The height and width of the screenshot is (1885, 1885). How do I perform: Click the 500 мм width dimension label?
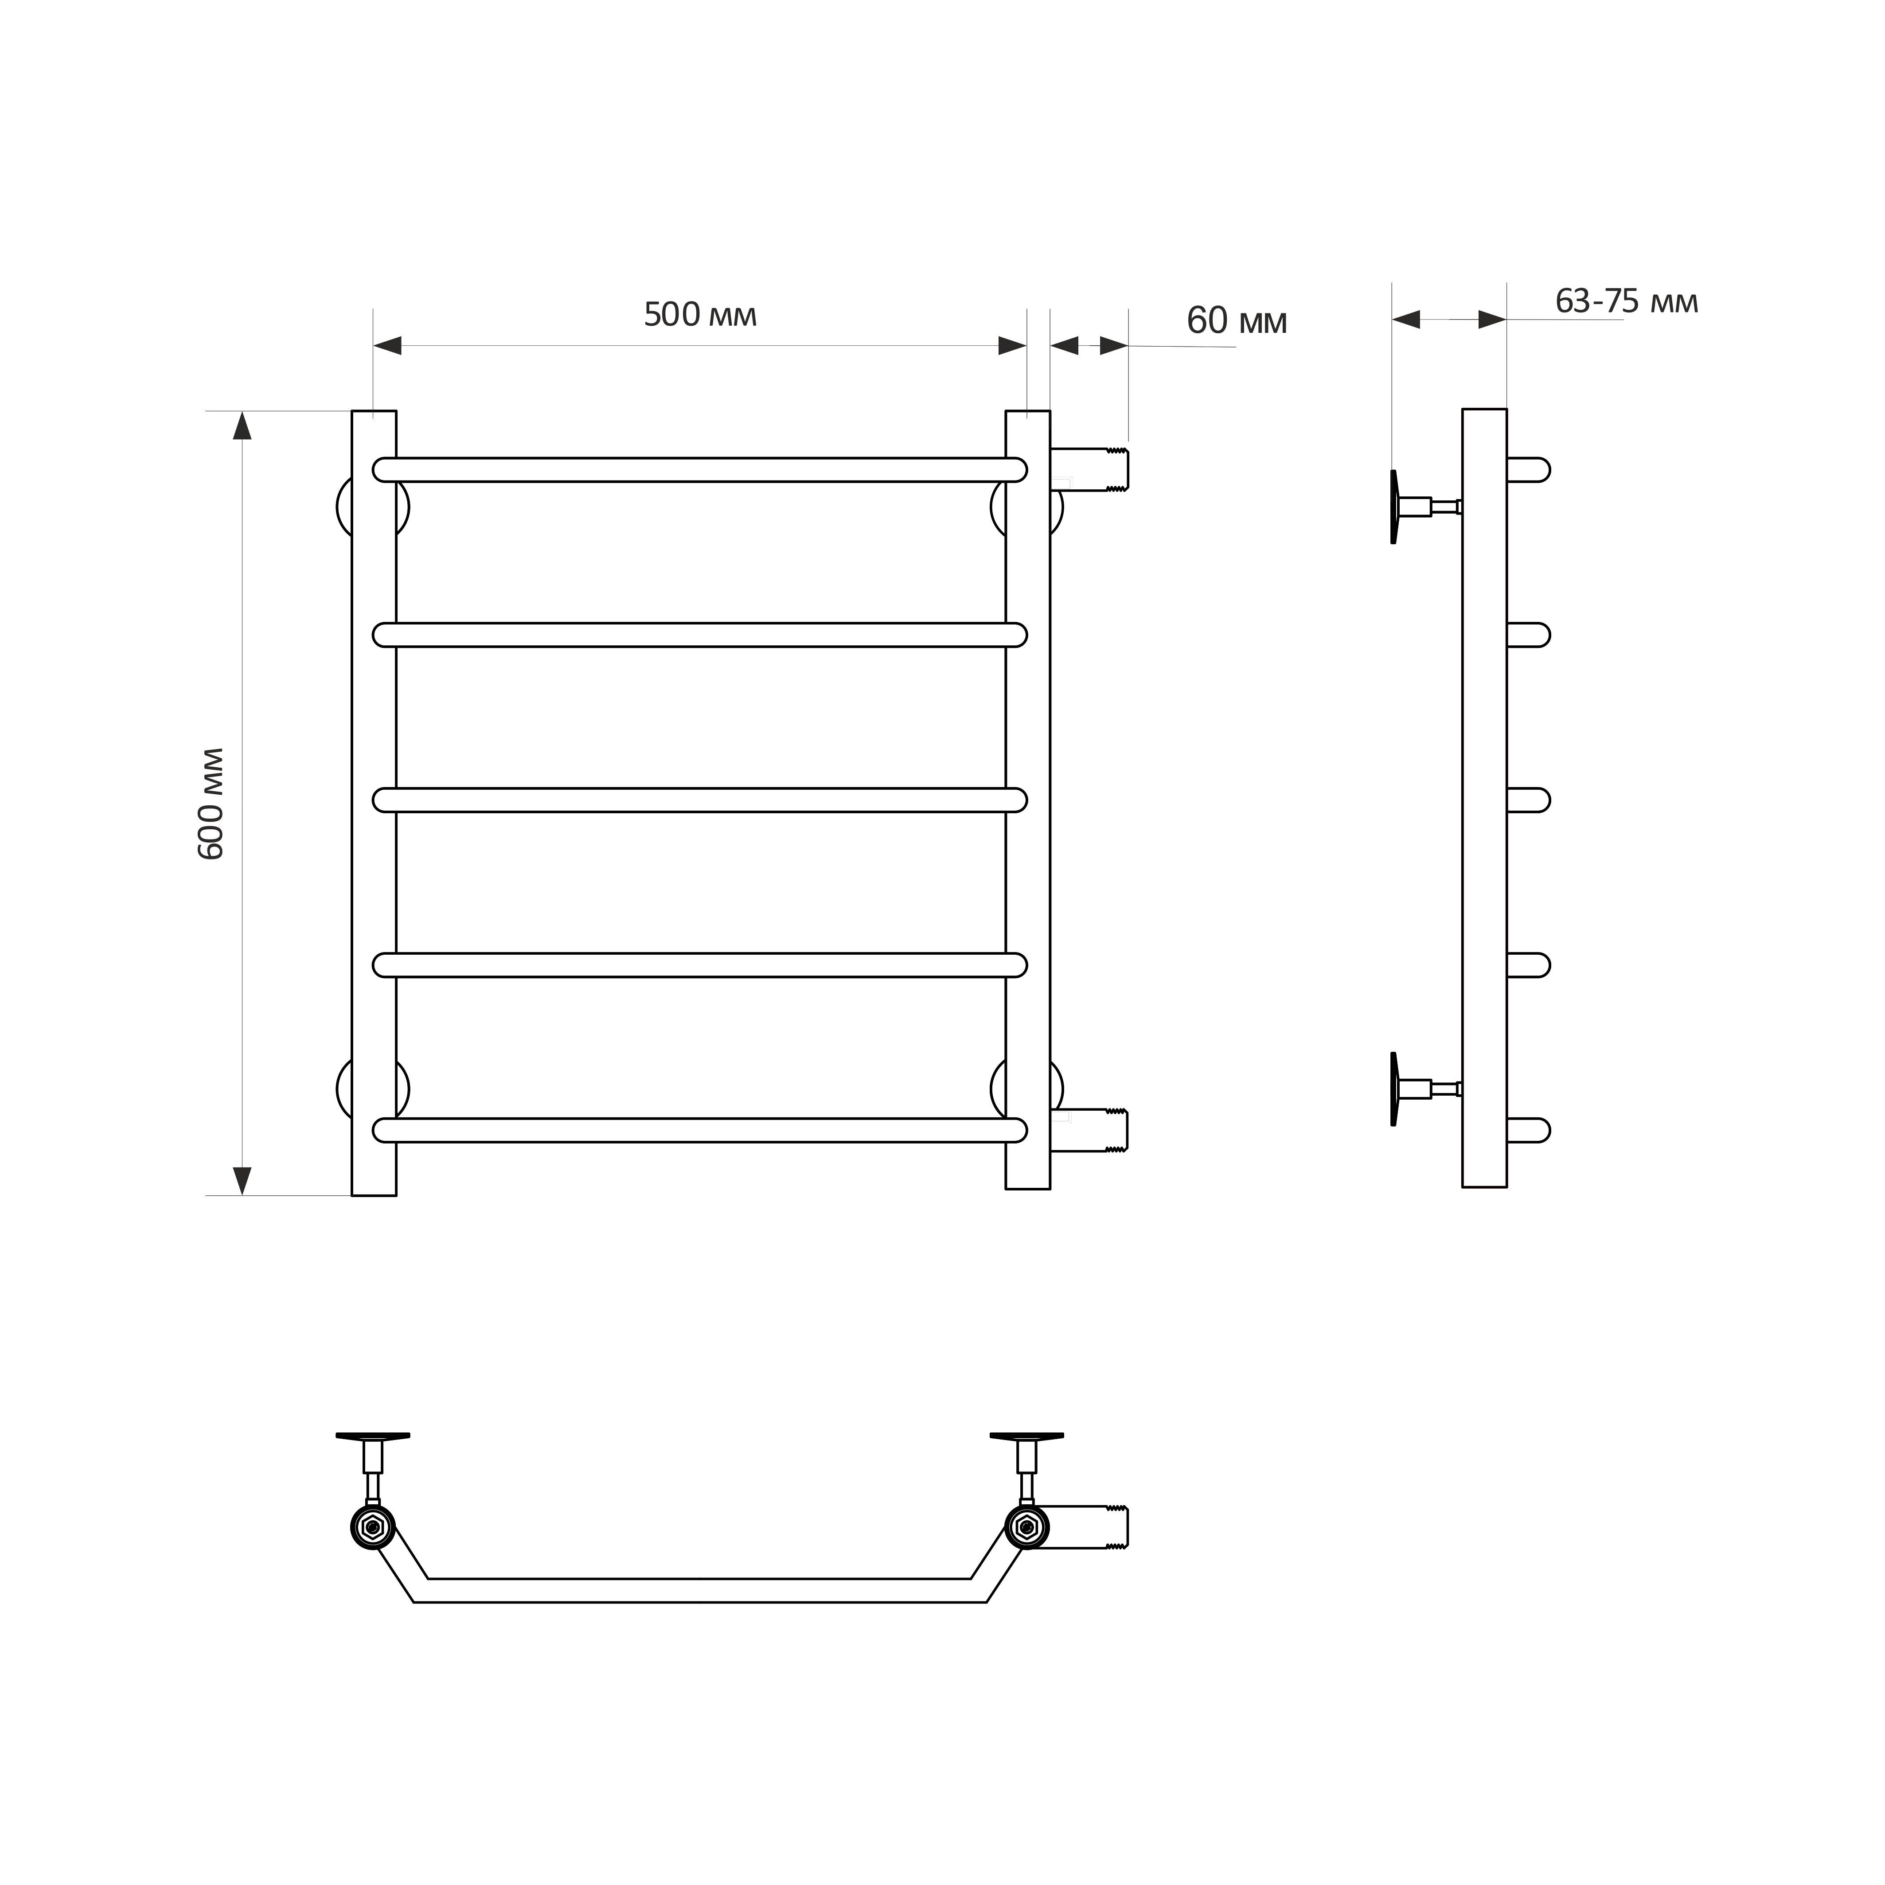click(701, 315)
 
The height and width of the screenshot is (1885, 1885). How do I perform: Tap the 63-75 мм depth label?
click(1627, 301)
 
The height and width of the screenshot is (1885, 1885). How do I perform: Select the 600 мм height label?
click(212, 804)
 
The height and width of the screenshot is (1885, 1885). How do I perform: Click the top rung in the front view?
click(699, 469)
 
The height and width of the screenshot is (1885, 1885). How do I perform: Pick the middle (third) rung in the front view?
click(699, 800)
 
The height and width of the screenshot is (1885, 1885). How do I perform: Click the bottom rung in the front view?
click(699, 1130)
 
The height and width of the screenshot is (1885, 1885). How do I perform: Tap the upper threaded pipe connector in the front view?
click(1090, 469)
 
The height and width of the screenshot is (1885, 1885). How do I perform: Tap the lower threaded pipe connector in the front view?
click(1090, 1130)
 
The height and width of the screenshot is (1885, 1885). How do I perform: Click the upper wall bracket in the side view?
click(1424, 506)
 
